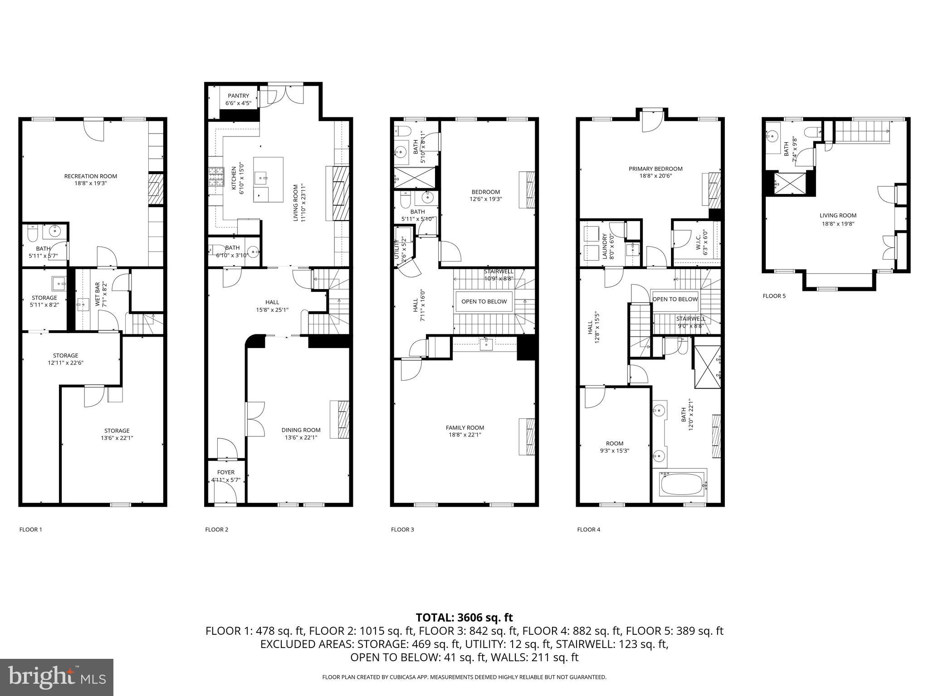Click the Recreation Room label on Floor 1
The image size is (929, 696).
(90, 176)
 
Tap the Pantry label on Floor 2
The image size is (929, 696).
(238, 96)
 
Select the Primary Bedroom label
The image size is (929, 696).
(655, 169)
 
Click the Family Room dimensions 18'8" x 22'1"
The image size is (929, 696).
(464, 435)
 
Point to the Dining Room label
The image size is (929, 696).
(301, 430)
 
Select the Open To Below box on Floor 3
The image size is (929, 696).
(484, 301)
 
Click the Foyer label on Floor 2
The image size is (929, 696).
(225, 472)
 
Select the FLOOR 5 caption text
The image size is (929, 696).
(774, 296)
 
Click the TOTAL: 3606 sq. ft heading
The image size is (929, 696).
(464, 617)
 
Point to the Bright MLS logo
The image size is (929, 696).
(57, 677)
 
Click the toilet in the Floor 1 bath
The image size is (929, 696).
(32, 234)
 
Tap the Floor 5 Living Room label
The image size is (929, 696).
(837, 216)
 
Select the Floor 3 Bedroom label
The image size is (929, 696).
(485, 192)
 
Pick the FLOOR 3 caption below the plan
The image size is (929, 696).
(402, 529)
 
